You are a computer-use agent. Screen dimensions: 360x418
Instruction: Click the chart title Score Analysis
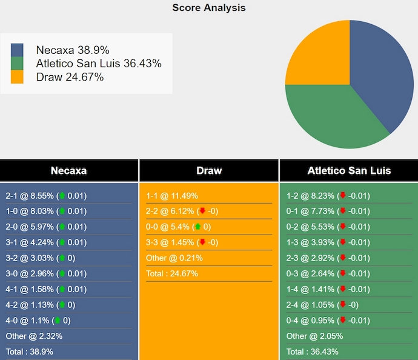(209, 8)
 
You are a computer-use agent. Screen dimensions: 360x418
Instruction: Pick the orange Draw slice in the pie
(318, 55)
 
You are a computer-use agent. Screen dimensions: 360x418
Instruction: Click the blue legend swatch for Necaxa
(17, 50)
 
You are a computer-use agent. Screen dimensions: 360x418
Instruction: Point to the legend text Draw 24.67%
(70, 77)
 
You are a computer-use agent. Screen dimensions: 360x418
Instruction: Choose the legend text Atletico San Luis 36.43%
(99, 64)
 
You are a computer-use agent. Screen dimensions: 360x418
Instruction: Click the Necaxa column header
(68, 170)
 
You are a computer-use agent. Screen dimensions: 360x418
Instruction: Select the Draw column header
(209, 170)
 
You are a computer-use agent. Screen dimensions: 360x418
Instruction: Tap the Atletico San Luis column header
(348, 170)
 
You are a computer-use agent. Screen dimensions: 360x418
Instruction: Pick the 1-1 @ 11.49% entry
(172, 196)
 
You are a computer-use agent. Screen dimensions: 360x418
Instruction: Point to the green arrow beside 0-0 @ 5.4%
(197, 227)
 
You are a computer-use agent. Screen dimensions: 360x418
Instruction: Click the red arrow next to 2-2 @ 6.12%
(202, 211)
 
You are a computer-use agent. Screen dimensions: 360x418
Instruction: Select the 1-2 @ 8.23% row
(328, 196)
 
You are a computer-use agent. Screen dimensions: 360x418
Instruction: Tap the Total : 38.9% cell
(29, 352)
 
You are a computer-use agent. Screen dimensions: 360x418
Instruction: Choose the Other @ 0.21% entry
(174, 258)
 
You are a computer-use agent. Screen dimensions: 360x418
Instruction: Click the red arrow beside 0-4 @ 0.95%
(343, 320)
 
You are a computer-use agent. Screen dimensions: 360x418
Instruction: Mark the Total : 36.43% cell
(312, 352)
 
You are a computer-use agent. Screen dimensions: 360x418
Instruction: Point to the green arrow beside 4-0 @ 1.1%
(58, 320)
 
